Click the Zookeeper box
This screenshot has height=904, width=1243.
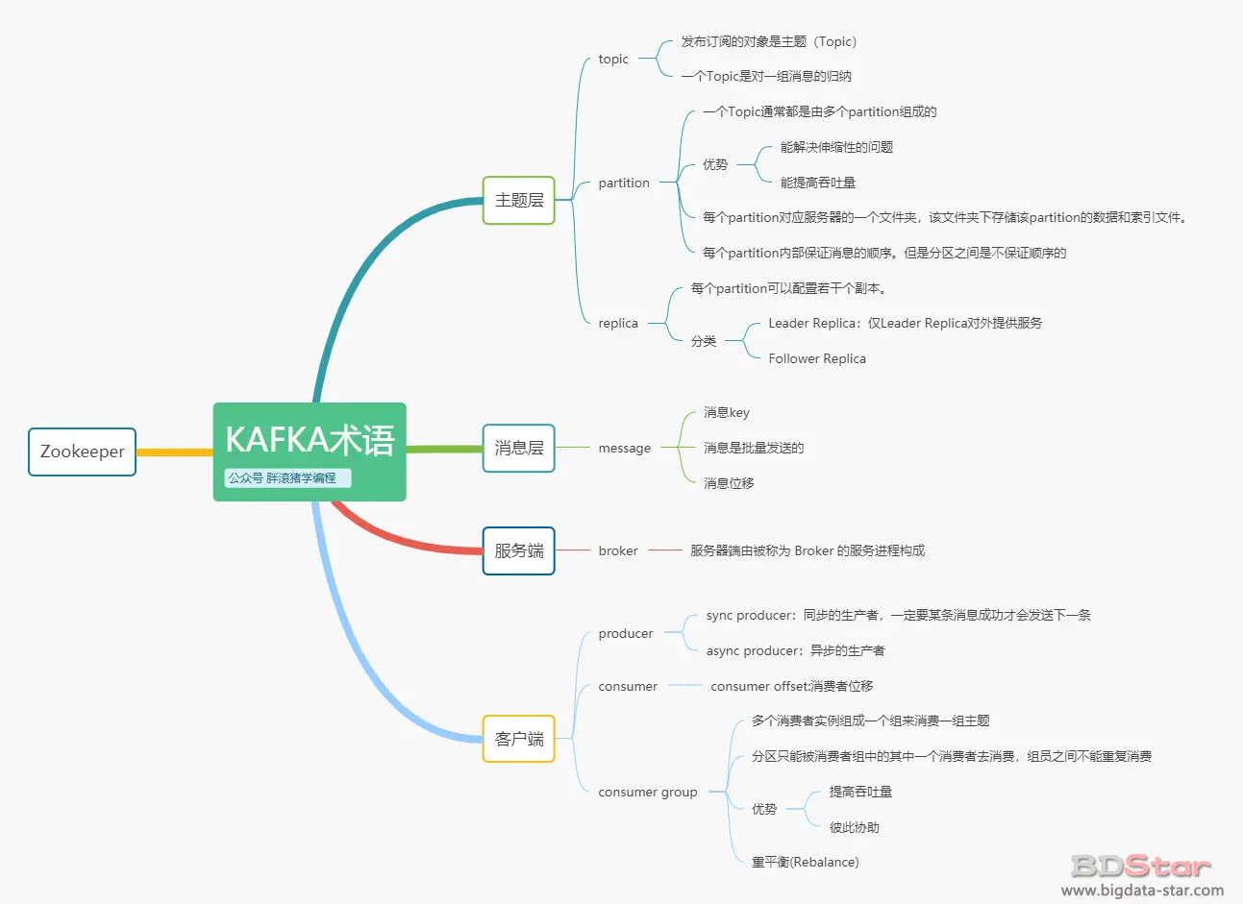click(82, 452)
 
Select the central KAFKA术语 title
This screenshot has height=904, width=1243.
click(311, 440)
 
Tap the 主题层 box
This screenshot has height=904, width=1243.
click(519, 200)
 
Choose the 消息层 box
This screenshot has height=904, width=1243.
click(519, 448)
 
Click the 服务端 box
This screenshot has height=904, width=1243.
click(519, 550)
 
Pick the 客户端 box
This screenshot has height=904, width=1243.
click(519, 739)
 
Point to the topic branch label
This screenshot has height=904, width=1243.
click(613, 59)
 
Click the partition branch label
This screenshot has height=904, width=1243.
click(624, 183)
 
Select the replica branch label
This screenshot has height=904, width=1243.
click(618, 324)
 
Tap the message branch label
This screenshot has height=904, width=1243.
click(624, 448)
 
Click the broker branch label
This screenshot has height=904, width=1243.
click(618, 550)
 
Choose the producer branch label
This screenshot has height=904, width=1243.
click(626, 633)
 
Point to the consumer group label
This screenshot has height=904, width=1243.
click(648, 792)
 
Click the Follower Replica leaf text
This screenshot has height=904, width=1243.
click(817, 359)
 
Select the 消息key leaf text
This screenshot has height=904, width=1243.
click(727, 413)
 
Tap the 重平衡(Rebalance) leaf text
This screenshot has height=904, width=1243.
click(806, 863)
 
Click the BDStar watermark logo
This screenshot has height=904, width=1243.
click(1141, 866)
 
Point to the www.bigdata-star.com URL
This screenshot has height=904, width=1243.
click(1142, 891)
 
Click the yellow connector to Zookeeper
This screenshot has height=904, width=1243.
click(175, 452)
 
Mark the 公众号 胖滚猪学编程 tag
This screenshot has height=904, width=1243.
click(287, 478)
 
